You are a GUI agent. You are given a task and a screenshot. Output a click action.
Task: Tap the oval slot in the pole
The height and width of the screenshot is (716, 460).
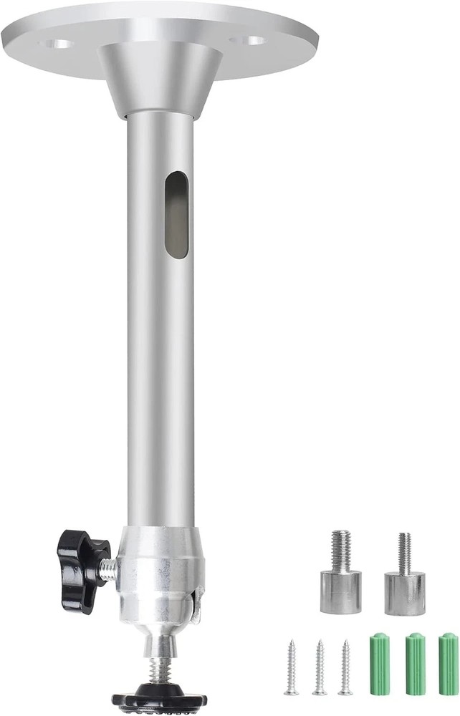click(176, 215)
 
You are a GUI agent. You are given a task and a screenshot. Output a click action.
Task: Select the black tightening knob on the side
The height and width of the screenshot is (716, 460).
click(80, 570)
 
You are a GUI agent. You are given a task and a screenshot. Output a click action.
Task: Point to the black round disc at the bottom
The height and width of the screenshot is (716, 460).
click(160, 698)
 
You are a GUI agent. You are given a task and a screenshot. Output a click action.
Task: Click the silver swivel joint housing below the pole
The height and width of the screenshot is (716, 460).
click(161, 573)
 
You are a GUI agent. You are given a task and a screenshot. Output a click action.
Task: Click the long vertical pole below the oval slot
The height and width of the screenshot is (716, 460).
click(160, 394)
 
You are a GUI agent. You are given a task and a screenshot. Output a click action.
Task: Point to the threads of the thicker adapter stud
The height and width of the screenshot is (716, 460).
click(341, 551)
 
